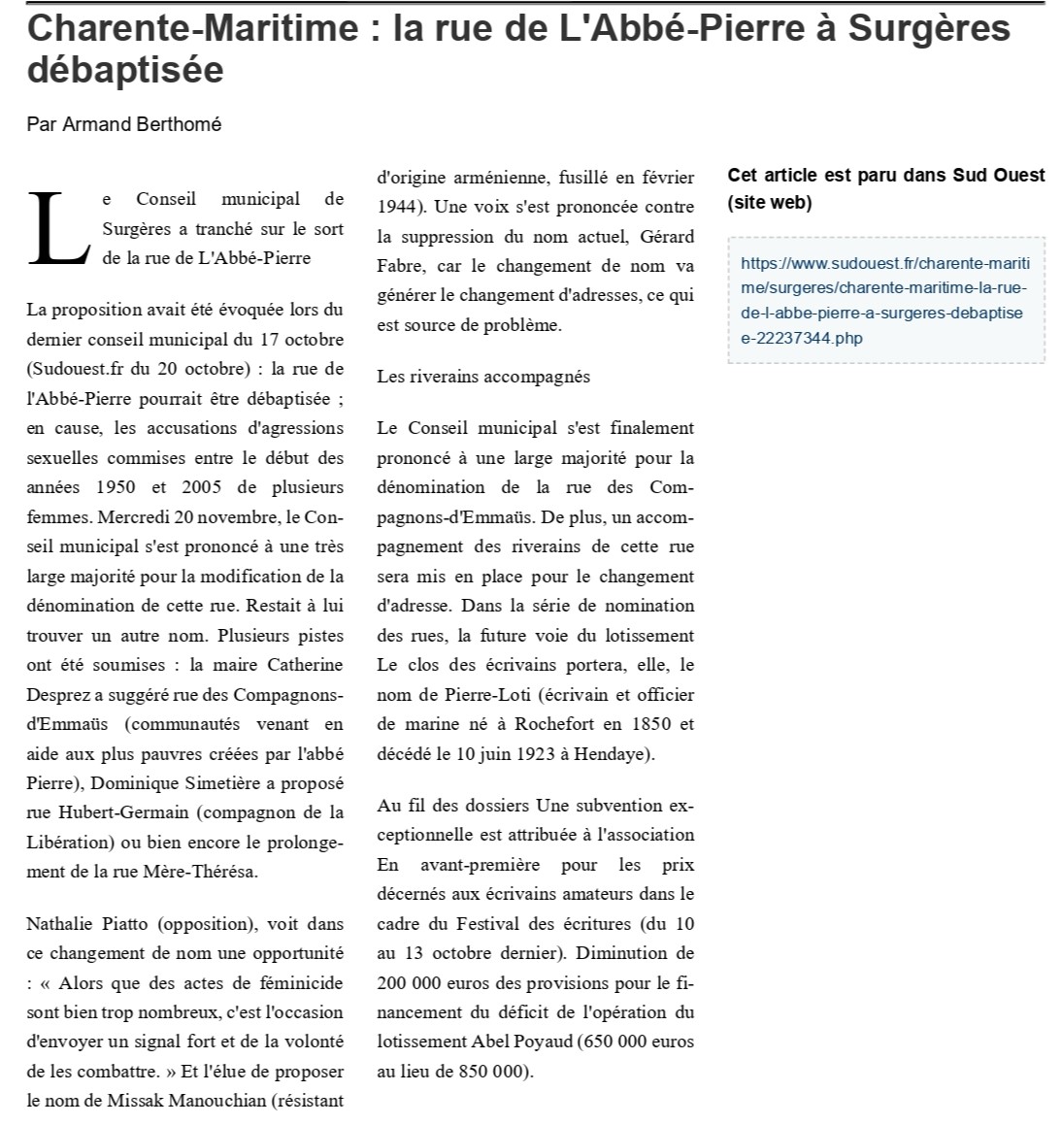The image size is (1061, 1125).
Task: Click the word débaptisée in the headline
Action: (125, 70)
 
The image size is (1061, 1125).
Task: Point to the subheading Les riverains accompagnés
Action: (483, 377)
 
